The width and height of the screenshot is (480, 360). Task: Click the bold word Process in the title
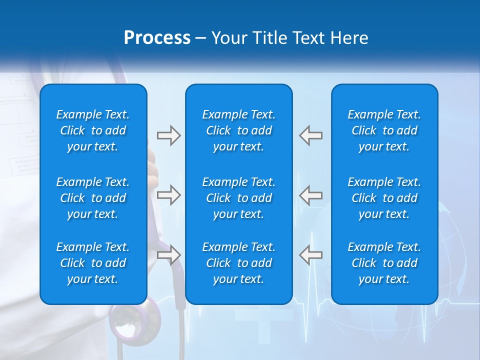tap(157, 38)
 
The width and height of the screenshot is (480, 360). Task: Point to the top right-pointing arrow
tap(168, 135)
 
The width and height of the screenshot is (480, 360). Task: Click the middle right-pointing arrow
tap(168, 195)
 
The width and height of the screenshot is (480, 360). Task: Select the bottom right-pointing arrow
tap(168, 254)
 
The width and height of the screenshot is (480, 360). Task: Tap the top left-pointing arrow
tap(311, 135)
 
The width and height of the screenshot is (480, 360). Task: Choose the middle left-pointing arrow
tap(311, 195)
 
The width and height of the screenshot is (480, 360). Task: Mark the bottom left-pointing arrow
tap(311, 254)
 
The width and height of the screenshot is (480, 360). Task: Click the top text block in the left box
tap(93, 130)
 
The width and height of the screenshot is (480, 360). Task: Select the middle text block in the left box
tap(93, 198)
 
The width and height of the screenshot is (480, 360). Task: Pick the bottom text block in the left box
tap(93, 263)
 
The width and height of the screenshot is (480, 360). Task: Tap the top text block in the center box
tap(239, 130)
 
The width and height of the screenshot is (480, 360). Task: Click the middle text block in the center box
tap(239, 198)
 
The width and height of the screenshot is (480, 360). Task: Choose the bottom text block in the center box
tap(239, 263)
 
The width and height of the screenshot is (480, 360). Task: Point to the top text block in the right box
tap(384, 130)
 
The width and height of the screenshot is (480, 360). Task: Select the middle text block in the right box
tap(384, 198)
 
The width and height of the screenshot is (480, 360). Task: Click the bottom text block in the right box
tap(384, 263)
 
